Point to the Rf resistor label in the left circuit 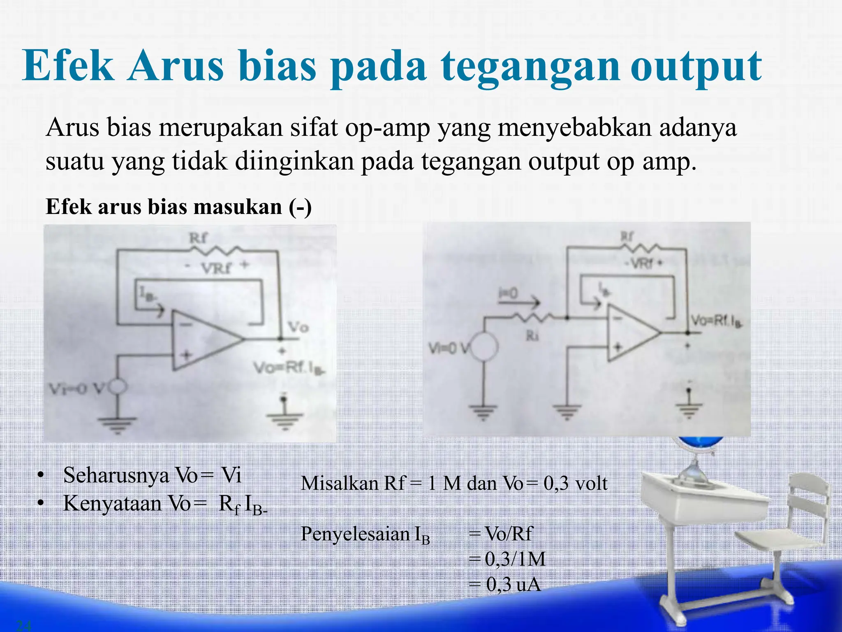click(x=198, y=238)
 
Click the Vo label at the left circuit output click(x=298, y=328)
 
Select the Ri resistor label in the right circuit click(x=532, y=336)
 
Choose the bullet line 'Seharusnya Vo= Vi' click(x=152, y=476)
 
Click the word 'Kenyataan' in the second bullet click(x=112, y=504)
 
